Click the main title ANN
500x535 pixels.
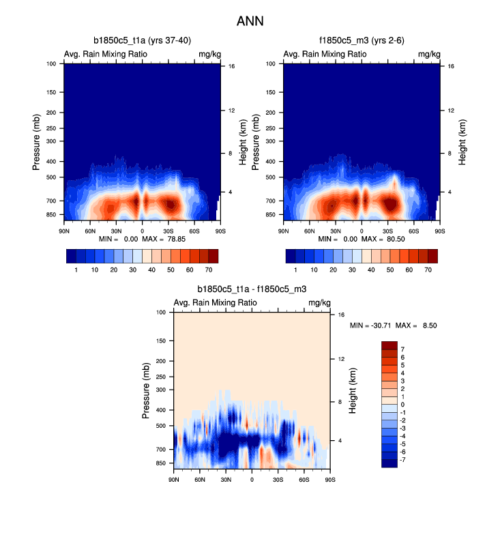(250, 21)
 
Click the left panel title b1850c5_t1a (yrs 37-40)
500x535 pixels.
(142, 41)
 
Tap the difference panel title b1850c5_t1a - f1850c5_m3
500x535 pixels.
(252, 289)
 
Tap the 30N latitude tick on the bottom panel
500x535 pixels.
(226, 480)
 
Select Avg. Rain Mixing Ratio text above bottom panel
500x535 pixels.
(216, 302)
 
